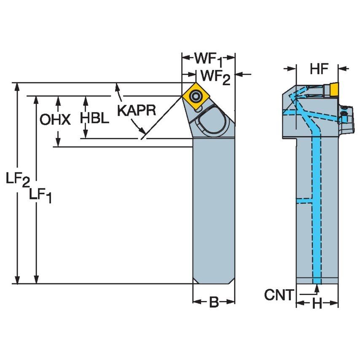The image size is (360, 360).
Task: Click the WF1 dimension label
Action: (x=208, y=59)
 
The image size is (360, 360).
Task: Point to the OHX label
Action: (x=55, y=120)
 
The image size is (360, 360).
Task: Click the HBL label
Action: (x=95, y=118)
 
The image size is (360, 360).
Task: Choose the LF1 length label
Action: (x=41, y=195)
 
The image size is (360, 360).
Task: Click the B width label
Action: (x=214, y=302)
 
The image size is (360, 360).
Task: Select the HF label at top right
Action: (x=319, y=69)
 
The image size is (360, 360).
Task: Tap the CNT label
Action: (x=279, y=295)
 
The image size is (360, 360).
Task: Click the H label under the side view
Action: (x=317, y=304)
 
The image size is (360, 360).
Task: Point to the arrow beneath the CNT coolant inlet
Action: (x=317, y=290)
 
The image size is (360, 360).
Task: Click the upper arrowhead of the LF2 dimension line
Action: (x=17, y=86)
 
